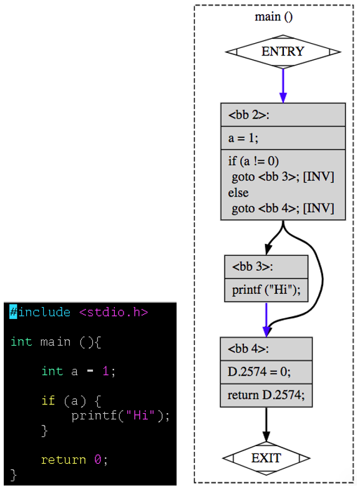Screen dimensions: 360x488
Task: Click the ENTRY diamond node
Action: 283,52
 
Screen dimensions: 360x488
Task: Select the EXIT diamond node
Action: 266,458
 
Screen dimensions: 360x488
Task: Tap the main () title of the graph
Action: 274,16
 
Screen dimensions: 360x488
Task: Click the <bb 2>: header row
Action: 283,115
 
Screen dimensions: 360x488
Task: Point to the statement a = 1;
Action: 243,138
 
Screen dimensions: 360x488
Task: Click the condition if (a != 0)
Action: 253,161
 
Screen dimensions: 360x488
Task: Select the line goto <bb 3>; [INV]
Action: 283,177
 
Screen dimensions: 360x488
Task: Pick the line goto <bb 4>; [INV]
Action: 283,208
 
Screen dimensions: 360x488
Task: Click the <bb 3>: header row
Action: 266,266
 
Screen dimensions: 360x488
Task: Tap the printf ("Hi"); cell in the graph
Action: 266,290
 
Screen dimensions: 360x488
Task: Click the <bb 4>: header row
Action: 266,349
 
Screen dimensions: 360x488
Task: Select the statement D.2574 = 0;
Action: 259,371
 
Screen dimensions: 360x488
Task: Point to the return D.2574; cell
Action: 266,395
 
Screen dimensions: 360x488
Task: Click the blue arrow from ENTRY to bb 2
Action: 283,85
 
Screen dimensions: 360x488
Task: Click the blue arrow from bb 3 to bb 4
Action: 266,320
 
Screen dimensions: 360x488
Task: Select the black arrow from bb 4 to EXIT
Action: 266,424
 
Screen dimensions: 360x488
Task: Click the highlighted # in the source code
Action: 13,311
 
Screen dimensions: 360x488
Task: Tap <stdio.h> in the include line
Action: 114,312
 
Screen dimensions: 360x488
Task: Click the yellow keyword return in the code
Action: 64,460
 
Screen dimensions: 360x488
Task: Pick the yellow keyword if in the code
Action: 48,400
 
